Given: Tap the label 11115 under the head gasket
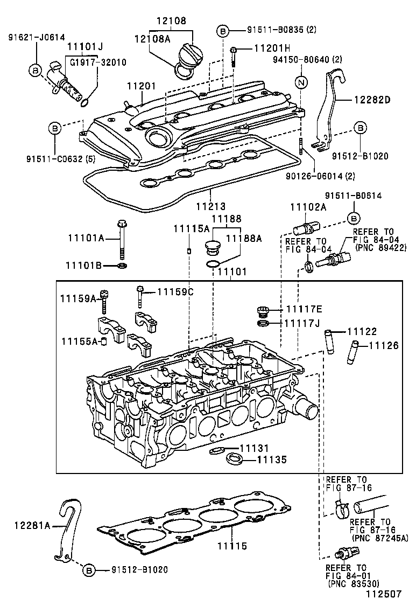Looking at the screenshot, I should [231, 546].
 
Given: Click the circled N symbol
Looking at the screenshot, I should [301, 82].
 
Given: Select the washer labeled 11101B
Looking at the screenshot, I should [122, 266].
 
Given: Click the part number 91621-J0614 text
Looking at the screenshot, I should [36, 37].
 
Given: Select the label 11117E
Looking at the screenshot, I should [304, 309].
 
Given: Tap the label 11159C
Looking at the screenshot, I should [175, 291].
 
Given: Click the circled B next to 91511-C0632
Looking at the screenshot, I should [55, 128].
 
